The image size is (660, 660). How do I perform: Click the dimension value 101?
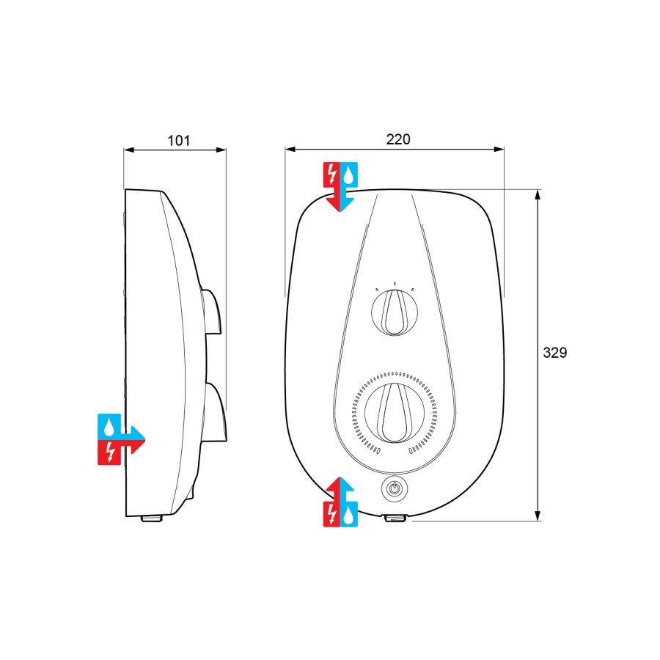pyautogui.click(x=178, y=140)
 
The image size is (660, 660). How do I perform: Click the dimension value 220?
pyautogui.click(x=397, y=139)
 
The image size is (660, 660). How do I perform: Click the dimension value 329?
pyautogui.click(x=555, y=352)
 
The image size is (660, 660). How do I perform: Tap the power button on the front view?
pyautogui.click(x=395, y=488)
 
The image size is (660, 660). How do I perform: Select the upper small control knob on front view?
pyautogui.click(x=395, y=312)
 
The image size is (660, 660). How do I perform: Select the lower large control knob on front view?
pyautogui.click(x=395, y=412)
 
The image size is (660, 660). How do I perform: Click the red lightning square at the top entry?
pyautogui.click(x=331, y=175)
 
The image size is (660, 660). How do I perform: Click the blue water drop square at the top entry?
pyautogui.click(x=349, y=175)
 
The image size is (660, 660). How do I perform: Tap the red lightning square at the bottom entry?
pyautogui.click(x=331, y=514)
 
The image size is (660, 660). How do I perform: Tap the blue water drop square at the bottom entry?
pyautogui.click(x=349, y=514)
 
